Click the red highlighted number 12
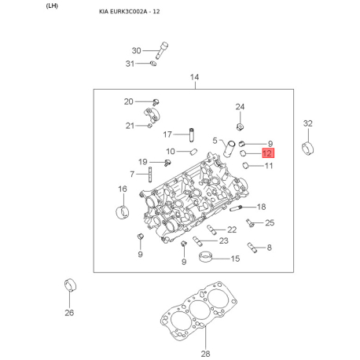268,153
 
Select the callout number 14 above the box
194,77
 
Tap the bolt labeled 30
162,50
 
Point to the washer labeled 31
153,64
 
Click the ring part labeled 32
308,149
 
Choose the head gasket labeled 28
199,311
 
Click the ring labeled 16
123,212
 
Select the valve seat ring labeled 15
205,257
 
